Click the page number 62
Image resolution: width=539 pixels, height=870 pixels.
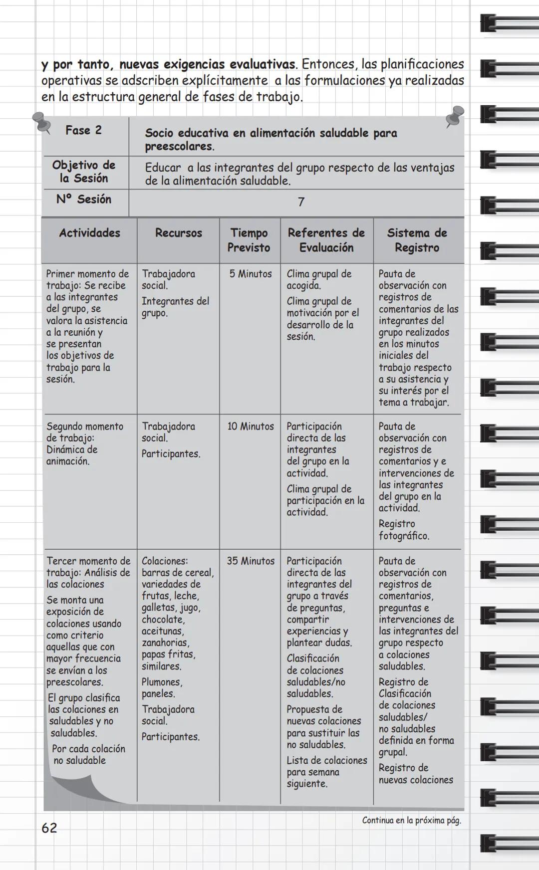49,828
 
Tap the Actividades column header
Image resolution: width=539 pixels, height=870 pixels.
89,233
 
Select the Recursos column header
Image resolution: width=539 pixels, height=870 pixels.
178,233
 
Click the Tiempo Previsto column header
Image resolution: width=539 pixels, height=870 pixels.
249,240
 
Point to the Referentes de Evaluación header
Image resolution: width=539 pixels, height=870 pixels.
326,240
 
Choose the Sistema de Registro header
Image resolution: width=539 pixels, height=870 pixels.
417,240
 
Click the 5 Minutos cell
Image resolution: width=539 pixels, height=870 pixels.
251,274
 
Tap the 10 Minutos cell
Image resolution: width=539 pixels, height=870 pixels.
251,427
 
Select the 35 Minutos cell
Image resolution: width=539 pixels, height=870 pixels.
251,561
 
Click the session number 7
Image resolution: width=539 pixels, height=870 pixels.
301,202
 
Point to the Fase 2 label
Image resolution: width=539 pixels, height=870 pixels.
83,131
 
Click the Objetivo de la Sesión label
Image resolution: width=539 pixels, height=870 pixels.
84,172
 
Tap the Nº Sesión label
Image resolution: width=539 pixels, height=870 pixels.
84,200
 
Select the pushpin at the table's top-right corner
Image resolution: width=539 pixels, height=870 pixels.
455,116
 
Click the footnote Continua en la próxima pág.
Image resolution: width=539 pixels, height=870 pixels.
411,821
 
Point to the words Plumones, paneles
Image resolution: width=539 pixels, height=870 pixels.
162,687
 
